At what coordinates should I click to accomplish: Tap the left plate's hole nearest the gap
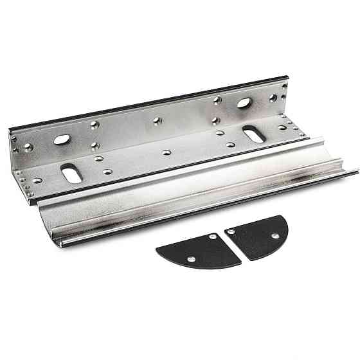212,238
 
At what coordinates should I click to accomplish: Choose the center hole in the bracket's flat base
166,153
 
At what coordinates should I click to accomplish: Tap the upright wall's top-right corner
285,78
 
